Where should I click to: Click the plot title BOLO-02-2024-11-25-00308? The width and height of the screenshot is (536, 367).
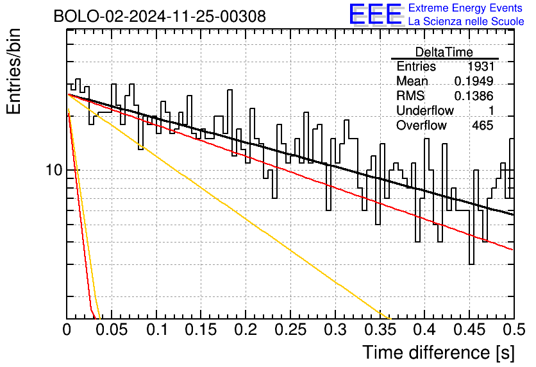tap(160, 16)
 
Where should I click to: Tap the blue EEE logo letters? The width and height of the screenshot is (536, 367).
tap(375, 14)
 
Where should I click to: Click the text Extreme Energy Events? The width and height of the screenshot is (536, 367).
tap(465, 8)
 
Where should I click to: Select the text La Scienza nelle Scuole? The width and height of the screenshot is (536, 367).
tap(466, 21)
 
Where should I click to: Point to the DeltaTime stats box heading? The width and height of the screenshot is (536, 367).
tap(444, 52)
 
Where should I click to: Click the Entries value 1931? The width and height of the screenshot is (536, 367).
tap(481, 66)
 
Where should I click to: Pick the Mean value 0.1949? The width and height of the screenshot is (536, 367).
tap(474, 81)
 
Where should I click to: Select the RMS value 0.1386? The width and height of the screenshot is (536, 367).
tap(474, 96)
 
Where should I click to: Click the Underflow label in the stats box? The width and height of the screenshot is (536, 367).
tap(425, 110)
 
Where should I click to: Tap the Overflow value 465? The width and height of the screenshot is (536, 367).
tap(483, 126)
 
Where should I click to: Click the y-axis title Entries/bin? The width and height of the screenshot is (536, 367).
tap(14, 71)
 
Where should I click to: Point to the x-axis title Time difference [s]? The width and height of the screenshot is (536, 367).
tap(439, 353)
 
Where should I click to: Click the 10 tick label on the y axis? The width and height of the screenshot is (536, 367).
tap(54, 169)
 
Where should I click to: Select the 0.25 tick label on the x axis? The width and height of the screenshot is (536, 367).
tap(290, 330)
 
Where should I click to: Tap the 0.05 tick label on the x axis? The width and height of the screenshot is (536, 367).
tap(112, 330)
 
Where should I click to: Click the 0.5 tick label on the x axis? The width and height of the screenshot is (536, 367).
tap(514, 330)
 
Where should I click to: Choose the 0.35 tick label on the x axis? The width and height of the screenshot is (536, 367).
tap(380, 330)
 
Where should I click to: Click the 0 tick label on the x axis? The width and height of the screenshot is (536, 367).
tap(67, 330)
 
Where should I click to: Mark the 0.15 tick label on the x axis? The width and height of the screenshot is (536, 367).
tap(201, 330)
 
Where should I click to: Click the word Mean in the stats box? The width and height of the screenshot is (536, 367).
tap(412, 81)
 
